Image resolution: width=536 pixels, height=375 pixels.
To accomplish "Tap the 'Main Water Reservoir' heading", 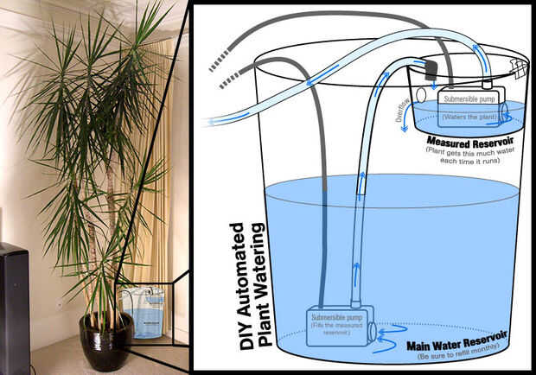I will (457, 342).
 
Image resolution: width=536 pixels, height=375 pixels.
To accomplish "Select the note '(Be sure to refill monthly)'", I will (457, 355).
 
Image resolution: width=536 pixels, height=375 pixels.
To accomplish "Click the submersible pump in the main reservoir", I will (335, 324).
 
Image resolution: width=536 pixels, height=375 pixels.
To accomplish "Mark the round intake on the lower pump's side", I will (372, 331).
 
